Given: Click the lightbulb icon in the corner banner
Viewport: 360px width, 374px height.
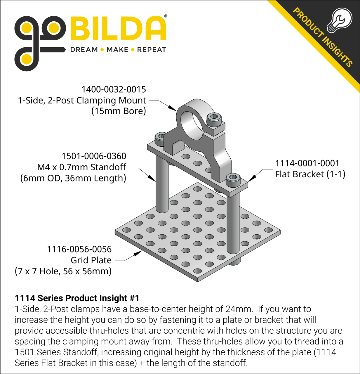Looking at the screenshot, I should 340,20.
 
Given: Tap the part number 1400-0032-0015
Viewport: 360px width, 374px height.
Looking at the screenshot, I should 114,89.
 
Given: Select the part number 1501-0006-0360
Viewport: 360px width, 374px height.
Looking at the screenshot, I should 94,156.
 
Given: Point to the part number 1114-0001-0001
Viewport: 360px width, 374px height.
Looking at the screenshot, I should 307,163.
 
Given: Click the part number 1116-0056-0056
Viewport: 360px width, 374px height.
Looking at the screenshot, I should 79,249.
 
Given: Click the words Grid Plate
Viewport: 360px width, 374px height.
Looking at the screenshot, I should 91,260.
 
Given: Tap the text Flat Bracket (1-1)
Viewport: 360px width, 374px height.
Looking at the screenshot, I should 310,174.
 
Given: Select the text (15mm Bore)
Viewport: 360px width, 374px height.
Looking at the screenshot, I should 119,111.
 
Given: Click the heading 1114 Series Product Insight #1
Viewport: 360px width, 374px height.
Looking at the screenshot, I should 77,298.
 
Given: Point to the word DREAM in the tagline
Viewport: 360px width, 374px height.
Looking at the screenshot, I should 84,50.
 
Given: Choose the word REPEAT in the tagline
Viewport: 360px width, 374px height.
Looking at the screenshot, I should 152,50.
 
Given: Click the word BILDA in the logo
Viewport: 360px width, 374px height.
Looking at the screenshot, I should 118,28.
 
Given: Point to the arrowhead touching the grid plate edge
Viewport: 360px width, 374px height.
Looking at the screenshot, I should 138,253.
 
